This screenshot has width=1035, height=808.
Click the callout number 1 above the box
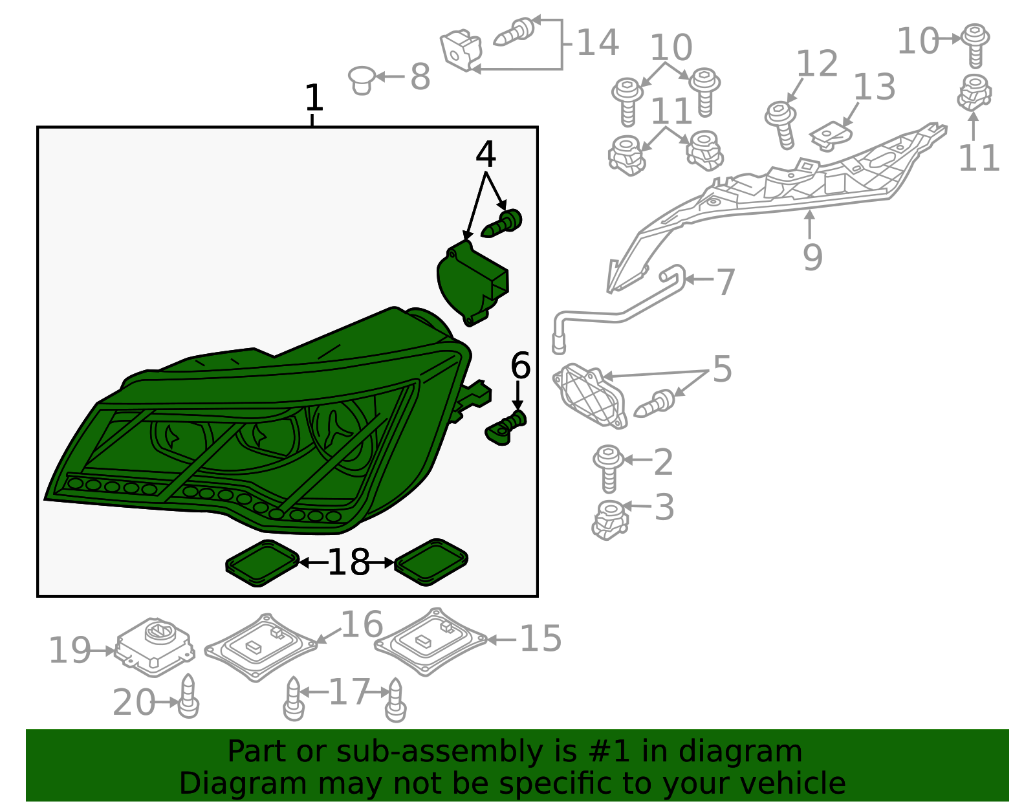[314, 98]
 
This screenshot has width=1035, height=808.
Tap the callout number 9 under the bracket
[812, 257]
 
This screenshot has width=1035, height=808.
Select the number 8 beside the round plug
[420, 76]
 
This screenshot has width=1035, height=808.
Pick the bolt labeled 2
[608, 468]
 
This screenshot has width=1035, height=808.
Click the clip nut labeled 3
[610, 520]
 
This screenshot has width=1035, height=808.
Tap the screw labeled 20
[189, 697]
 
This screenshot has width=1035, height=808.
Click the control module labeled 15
[431, 641]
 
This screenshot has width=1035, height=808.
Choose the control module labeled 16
[261, 648]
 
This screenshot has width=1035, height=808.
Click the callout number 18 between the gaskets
[349, 562]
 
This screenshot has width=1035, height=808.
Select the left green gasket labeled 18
[263, 563]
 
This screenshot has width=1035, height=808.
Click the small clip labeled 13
[831, 136]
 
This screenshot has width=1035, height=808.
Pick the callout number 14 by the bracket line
[598, 43]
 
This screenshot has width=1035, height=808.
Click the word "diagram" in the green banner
[740, 751]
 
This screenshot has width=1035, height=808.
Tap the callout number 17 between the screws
[349, 692]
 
